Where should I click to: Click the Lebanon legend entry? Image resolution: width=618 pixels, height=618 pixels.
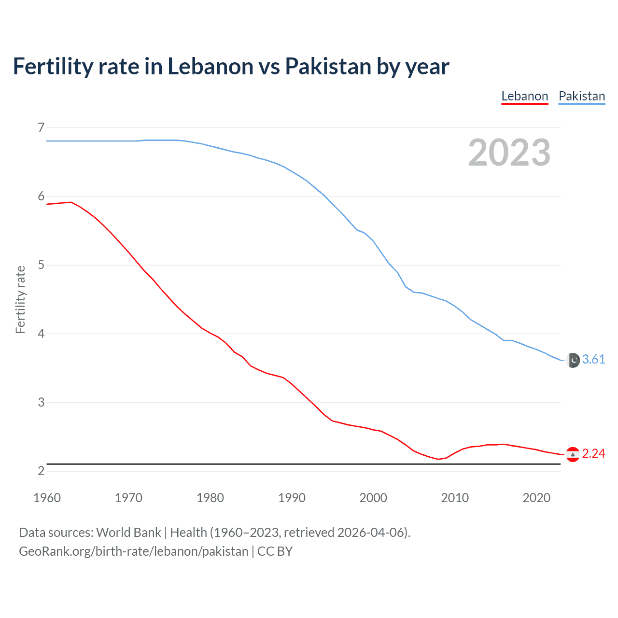click(525, 96)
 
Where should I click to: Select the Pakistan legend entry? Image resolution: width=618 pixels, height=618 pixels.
click(582, 96)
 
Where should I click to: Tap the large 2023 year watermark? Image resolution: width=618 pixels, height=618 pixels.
click(509, 153)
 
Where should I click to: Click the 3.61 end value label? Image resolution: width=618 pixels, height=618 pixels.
click(593, 360)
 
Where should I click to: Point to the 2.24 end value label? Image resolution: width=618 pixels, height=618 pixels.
click(593, 454)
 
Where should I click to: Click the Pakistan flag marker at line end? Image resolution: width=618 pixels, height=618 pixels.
click(573, 360)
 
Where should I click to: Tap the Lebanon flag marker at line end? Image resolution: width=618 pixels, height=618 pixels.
click(573, 454)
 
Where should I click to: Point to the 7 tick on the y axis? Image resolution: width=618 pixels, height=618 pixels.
click(41, 127)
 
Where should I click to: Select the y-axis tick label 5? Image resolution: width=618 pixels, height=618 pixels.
click(41, 265)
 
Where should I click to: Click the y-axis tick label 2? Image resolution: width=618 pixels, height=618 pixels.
click(41, 471)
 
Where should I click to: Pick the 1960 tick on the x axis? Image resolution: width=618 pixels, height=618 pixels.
click(47, 498)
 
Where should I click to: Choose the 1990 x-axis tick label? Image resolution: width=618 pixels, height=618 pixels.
click(292, 498)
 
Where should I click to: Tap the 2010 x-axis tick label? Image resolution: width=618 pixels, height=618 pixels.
click(455, 498)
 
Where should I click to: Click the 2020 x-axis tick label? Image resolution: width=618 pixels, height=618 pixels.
click(536, 498)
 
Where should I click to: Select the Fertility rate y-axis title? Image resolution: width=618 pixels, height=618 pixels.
click(20, 299)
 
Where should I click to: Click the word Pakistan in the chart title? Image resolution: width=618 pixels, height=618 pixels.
click(328, 66)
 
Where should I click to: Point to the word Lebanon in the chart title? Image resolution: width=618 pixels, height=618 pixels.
click(210, 66)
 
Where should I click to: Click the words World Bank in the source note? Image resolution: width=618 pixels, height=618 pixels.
click(128, 533)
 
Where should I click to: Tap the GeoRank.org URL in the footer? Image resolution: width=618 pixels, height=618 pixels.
click(133, 551)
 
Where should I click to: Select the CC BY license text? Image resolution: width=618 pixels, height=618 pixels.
click(275, 551)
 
